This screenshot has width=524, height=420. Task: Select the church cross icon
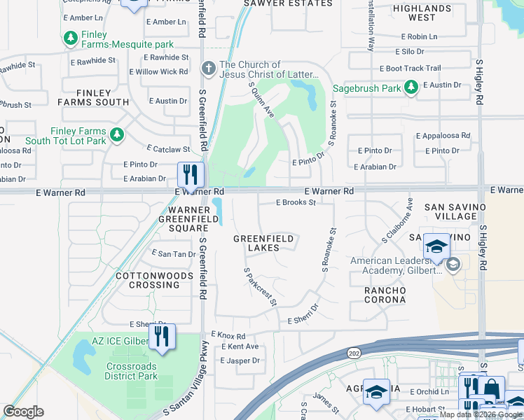208,69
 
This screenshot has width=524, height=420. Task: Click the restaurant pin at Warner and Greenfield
190,174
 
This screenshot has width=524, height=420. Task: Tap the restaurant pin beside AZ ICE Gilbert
162,337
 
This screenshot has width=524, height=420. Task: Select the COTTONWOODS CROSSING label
148,280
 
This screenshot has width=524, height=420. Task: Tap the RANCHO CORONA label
385,295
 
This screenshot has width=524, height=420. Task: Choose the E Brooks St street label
296,202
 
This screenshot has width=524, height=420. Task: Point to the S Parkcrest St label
260,286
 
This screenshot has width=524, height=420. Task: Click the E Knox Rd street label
228,336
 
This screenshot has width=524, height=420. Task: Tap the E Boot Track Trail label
410,69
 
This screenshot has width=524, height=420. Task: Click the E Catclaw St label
168,149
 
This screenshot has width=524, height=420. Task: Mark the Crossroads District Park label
132,371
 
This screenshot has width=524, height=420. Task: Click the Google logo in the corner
23,412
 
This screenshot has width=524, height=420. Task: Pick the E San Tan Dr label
174,254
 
